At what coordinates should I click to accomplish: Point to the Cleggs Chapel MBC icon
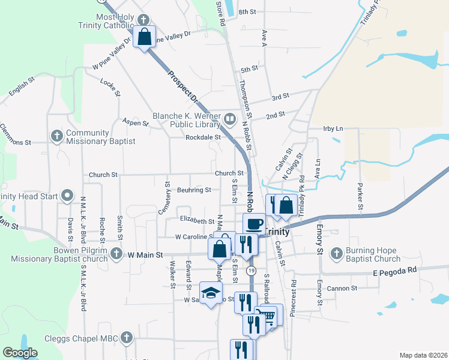point(125,338)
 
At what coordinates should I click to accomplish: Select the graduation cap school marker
point(211,292)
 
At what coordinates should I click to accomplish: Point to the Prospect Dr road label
point(183,87)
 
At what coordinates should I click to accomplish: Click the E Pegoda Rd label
point(394,271)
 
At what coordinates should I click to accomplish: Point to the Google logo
point(20,353)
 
